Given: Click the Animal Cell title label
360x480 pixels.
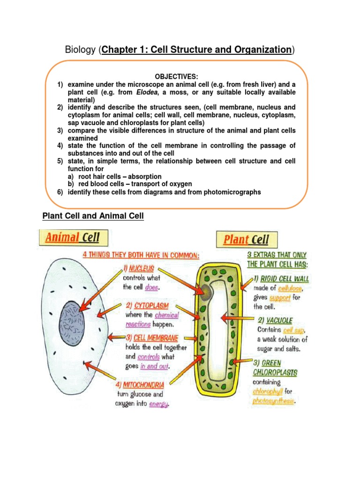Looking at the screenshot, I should [x=72, y=237].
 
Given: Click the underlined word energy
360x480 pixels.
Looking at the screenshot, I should [x=158, y=404].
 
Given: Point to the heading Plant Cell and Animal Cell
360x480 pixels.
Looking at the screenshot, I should [x=93, y=216].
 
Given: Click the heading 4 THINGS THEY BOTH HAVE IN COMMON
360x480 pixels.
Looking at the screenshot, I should [x=141, y=255].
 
